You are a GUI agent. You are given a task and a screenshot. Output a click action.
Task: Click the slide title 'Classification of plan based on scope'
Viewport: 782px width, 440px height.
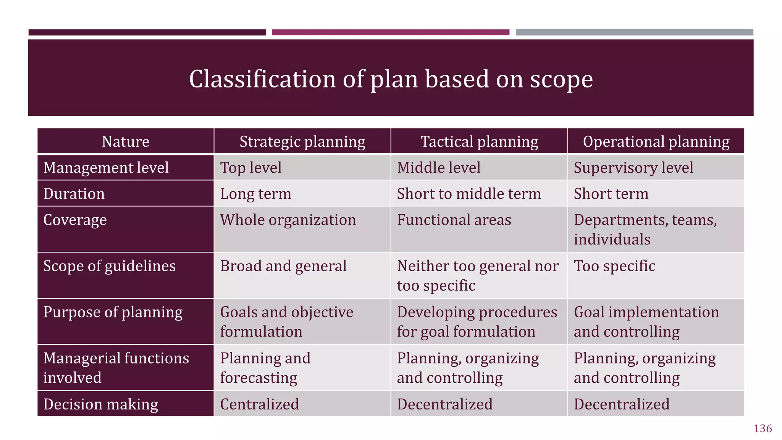(x=391, y=79)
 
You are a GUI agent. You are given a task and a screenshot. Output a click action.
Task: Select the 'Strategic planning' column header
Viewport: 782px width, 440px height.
(x=302, y=142)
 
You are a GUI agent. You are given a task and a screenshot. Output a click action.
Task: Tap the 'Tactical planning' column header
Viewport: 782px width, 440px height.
(x=479, y=142)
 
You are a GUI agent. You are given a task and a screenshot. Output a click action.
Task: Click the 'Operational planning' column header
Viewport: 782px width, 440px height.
(x=656, y=142)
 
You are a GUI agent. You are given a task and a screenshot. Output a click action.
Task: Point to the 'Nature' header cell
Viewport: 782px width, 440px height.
(x=126, y=142)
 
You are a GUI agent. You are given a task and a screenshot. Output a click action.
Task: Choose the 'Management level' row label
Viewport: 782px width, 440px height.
(x=106, y=168)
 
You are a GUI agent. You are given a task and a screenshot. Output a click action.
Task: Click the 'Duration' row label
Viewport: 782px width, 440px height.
(x=74, y=194)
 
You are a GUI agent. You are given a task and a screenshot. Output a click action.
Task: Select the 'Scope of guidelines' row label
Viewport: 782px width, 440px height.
(x=110, y=266)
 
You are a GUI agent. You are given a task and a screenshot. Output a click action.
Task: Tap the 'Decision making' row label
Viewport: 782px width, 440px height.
(x=101, y=404)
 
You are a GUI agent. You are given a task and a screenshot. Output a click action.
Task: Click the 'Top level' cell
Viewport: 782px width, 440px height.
(x=251, y=168)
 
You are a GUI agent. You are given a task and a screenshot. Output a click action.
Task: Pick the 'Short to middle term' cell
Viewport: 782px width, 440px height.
(x=469, y=194)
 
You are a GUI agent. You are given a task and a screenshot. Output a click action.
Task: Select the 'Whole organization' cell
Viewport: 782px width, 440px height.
(x=288, y=220)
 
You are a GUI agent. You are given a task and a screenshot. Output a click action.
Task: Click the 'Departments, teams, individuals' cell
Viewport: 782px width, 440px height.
(x=645, y=230)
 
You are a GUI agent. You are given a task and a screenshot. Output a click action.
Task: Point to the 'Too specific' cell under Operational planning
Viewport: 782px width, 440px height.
(x=614, y=266)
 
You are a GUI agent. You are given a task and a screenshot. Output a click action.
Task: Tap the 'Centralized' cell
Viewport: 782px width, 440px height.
(x=260, y=404)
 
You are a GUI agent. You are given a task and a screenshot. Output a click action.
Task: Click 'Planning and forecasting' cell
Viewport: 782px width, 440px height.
(x=265, y=368)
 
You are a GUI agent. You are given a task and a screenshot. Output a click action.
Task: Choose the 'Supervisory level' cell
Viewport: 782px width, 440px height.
(x=633, y=168)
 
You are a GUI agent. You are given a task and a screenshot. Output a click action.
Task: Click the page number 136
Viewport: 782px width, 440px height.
(x=763, y=429)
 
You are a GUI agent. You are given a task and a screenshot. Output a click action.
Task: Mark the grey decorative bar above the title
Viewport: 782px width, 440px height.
(x=634, y=32)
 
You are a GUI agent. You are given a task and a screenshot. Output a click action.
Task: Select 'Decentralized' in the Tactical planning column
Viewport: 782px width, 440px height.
(x=445, y=404)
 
